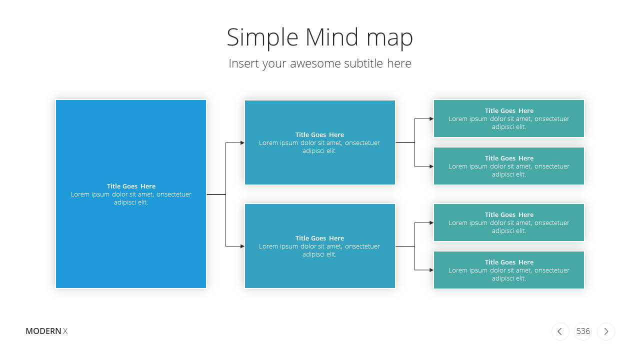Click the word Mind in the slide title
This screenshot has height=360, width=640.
tap(331, 37)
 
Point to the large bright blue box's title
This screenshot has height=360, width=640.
tap(131, 186)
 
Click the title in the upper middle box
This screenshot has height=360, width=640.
tap(319, 134)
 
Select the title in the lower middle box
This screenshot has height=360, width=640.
tap(319, 238)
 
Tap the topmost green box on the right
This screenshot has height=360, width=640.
tap(509, 118)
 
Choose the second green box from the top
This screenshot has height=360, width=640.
tap(509, 166)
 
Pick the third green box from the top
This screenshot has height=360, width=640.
tap(509, 222)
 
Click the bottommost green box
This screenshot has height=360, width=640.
tap(509, 270)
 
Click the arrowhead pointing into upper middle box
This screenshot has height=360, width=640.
tap(242, 142)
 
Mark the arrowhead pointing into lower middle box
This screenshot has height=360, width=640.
tap(242, 246)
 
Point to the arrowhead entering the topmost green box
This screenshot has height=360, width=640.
tap(431, 118)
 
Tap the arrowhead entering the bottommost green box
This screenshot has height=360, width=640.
tap(431, 270)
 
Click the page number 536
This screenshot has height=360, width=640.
tap(583, 331)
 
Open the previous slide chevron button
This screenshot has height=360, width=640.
tap(560, 331)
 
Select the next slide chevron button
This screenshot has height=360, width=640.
tap(606, 331)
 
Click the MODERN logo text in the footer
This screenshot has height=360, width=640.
tap(43, 331)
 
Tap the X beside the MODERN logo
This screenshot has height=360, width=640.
tap(65, 331)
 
